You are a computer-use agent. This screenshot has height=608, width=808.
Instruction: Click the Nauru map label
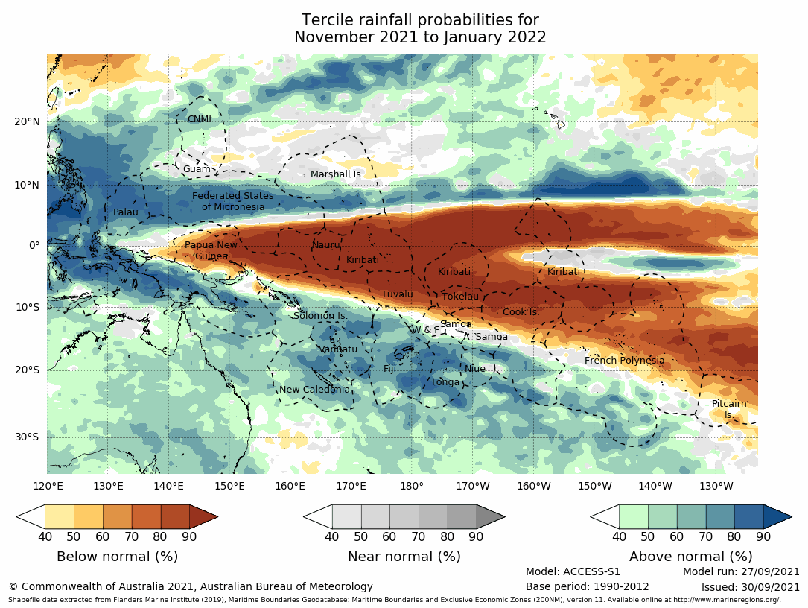325,245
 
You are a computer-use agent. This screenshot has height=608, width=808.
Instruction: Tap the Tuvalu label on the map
397,294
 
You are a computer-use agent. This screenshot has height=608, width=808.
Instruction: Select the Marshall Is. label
337,174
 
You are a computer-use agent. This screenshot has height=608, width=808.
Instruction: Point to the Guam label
197,169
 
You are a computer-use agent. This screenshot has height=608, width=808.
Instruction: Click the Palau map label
126,212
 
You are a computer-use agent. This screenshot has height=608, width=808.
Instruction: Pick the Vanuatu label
338,349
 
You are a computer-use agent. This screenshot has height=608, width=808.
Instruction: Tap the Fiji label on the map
390,369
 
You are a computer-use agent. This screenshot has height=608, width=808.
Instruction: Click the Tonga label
445,382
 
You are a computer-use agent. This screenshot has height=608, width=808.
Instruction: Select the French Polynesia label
624,361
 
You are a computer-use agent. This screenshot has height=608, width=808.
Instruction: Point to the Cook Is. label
521,312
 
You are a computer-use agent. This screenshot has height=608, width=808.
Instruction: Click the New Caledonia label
314,390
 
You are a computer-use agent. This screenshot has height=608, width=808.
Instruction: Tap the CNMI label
199,119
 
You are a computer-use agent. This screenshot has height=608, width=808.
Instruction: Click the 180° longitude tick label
411,487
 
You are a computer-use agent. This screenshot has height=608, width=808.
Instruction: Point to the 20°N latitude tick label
28,122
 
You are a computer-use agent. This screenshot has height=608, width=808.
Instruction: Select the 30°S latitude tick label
28,437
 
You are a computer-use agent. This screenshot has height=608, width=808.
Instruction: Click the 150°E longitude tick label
229,487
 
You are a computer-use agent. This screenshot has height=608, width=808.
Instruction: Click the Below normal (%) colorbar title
117,557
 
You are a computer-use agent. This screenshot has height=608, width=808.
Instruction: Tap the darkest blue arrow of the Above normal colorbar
777,516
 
